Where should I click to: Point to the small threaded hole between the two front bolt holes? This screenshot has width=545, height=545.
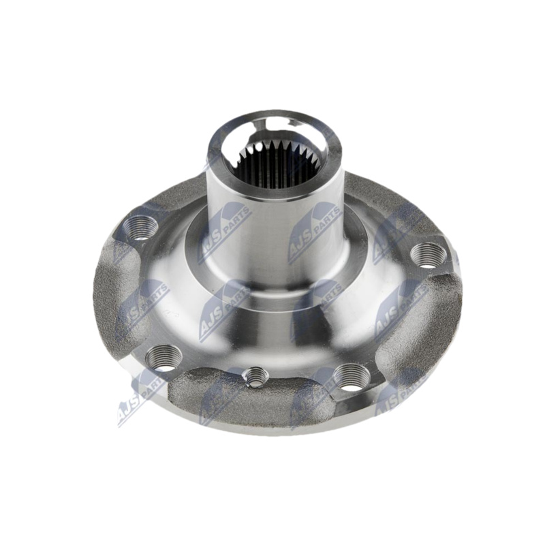(x=255, y=377)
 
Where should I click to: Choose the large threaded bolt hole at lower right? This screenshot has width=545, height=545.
(x=351, y=377)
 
